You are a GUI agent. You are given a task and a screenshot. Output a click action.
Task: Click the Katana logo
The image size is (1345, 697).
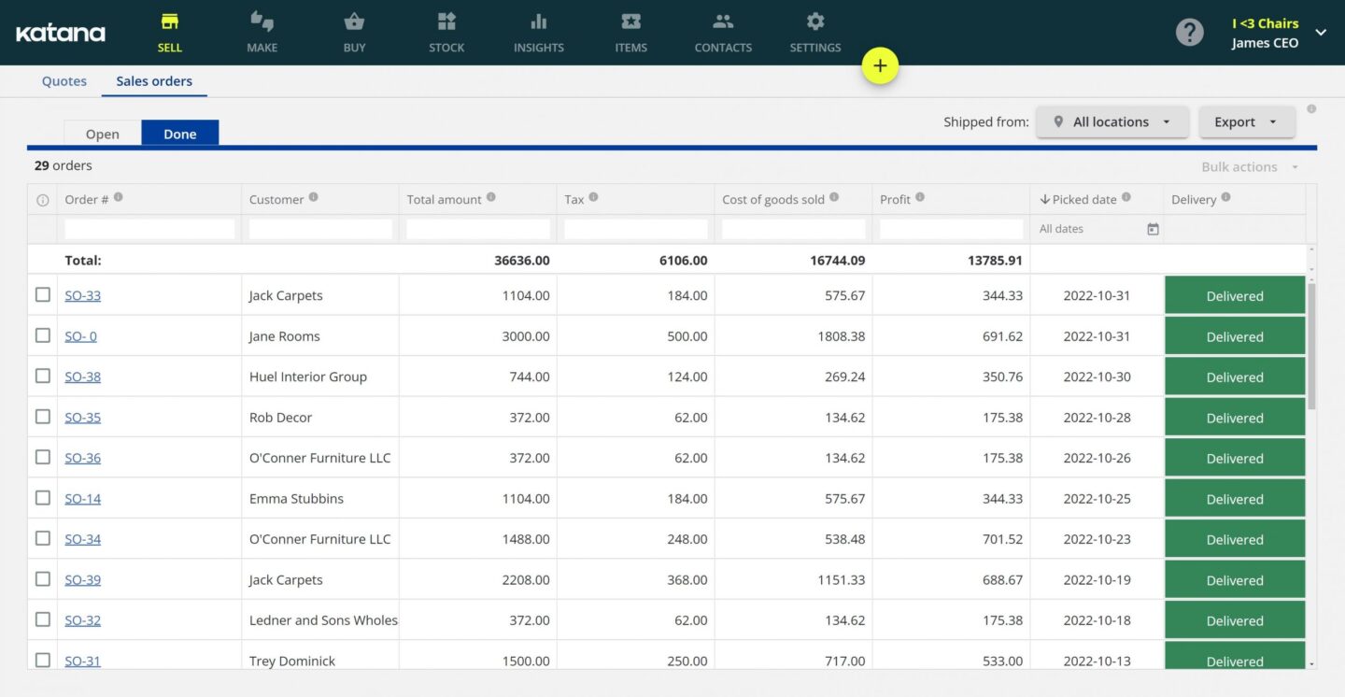point(61,34)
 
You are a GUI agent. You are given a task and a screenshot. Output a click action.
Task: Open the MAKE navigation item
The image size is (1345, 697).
point(262,32)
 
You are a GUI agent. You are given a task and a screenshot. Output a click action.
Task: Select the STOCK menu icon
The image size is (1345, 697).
point(446,21)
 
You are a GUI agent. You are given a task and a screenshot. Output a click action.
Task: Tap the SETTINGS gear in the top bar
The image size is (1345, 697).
point(815,21)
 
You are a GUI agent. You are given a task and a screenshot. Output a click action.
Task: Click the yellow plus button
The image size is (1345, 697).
point(880,66)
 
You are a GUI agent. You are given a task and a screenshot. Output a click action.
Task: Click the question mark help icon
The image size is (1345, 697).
point(1189,33)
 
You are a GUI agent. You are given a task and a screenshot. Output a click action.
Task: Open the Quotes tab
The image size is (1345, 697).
point(64,81)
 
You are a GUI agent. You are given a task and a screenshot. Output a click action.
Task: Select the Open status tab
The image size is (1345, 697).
point(103,134)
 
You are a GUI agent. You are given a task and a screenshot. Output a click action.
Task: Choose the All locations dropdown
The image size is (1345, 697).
point(1111,121)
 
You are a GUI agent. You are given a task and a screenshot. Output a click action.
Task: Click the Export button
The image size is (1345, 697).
point(1246,121)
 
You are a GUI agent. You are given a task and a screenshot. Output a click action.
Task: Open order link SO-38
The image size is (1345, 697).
point(82,377)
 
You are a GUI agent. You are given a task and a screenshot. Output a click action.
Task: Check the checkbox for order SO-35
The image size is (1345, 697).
point(43,417)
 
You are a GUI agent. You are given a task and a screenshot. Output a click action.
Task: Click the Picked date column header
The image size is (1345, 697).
point(1083,199)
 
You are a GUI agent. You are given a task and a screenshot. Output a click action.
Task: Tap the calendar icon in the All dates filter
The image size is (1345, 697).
point(1153,229)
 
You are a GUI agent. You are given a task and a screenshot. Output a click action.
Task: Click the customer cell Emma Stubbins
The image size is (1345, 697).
point(296,499)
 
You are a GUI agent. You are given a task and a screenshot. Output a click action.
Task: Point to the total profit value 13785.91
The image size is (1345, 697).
point(995,261)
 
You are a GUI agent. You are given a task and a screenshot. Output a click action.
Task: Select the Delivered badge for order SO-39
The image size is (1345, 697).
point(1234,580)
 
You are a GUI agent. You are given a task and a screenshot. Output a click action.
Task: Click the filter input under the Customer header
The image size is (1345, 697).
point(320,229)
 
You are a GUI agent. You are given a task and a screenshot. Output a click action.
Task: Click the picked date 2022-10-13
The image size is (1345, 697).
point(1097,661)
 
